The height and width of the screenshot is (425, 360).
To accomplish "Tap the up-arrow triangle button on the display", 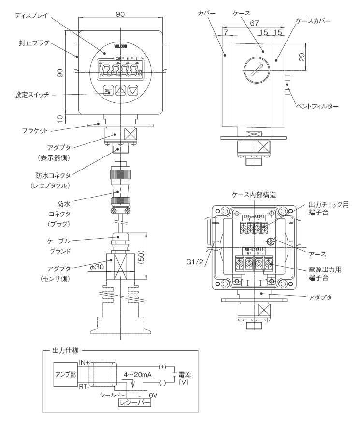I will click(121, 90).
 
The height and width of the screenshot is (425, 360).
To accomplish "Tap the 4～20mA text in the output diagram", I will click(136, 373).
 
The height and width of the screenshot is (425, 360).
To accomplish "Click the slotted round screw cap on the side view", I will click(255, 69).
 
